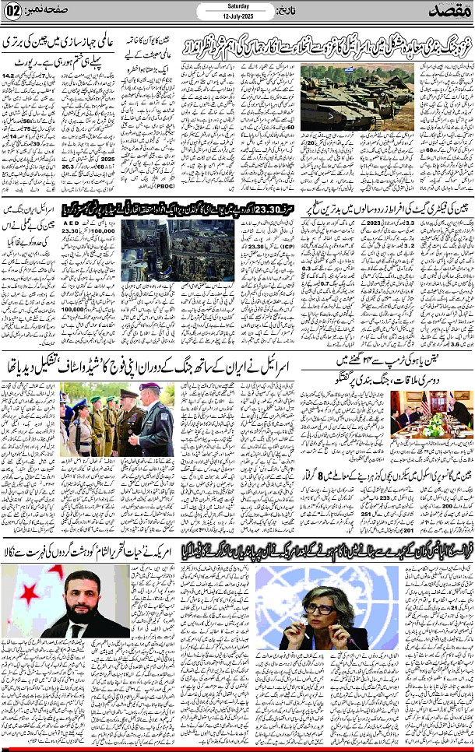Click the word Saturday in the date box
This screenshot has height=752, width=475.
pyautogui.click(x=237, y=6)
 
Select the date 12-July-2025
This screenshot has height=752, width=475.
pyautogui.click(x=237, y=17)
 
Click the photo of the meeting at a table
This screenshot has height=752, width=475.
pyautogui.click(x=430, y=413)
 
